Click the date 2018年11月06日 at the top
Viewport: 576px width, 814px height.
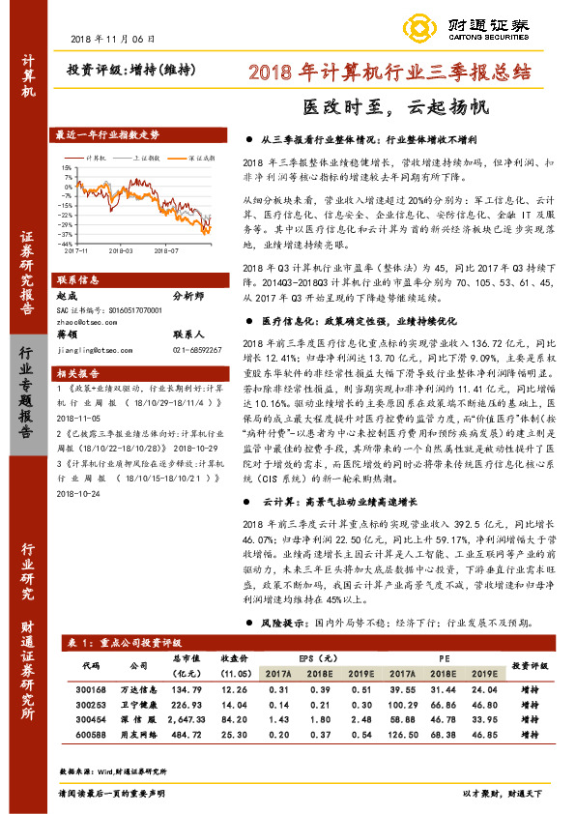[x=113, y=38]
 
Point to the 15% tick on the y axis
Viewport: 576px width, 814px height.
[x=65, y=165]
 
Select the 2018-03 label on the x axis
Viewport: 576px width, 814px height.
[x=121, y=248]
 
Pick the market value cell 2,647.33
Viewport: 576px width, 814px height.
[x=181, y=719]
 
